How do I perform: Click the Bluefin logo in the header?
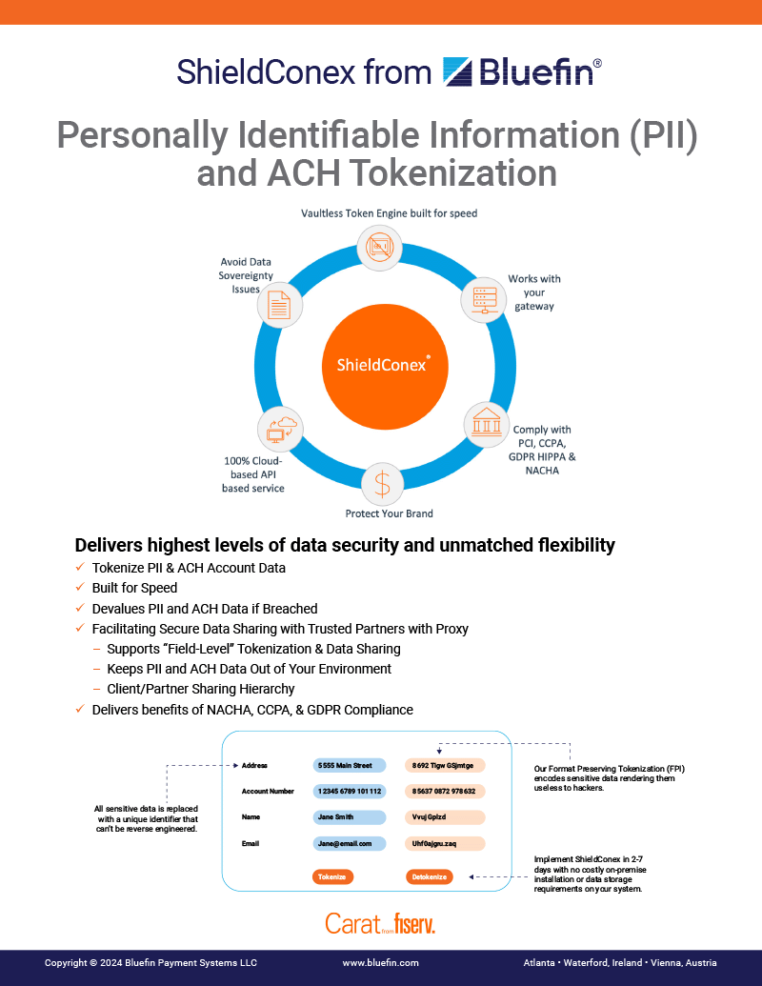[522, 71]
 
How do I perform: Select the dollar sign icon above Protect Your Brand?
[382, 484]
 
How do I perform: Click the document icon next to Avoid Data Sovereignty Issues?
[279, 305]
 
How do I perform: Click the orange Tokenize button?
[331, 876]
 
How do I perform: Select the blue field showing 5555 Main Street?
[349, 765]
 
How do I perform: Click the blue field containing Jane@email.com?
[349, 843]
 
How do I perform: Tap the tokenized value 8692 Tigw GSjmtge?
[445, 765]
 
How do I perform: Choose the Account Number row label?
[269, 791]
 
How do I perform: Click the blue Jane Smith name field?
[349, 817]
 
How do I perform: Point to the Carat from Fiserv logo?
[380, 923]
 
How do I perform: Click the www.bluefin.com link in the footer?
[380, 963]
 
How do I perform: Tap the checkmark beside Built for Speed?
[80, 588]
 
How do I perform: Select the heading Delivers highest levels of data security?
[345, 545]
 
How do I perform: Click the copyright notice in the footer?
[150, 963]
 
